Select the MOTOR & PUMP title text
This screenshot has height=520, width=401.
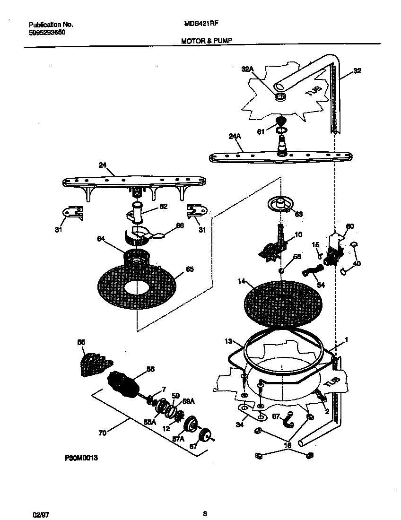click(x=207, y=41)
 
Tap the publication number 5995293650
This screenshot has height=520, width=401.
click(x=47, y=32)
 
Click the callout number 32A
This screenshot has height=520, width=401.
click(x=247, y=69)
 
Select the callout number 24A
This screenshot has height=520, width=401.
click(x=235, y=137)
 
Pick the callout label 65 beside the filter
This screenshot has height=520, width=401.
click(x=189, y=269)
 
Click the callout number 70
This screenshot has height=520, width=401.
click(x=103, y=432)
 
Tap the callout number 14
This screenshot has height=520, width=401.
click(x=242, y=282)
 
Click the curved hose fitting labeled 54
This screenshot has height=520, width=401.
click(x=313, y=272)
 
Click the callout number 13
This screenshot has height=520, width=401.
click(x=228, y=341)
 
